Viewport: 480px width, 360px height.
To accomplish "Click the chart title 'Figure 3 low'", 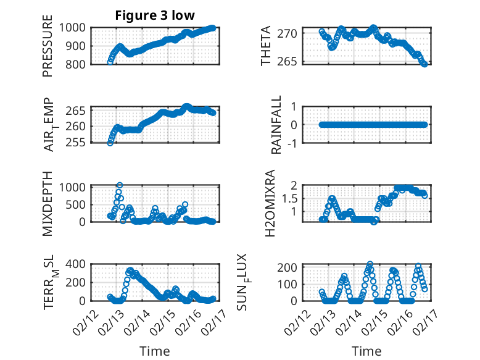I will point(155,15).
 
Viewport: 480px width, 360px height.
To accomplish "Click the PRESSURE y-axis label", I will point(48,46).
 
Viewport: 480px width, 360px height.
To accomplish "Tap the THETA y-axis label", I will point(266,46).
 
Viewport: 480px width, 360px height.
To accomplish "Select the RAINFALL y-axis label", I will point(277,125).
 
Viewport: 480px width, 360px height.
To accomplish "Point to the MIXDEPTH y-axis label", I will point(48,203).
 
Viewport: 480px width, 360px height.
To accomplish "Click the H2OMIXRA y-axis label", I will point(270,203).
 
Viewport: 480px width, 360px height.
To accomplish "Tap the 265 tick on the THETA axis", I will point(292,61).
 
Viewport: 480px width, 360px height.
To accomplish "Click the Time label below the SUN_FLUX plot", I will point(366,351).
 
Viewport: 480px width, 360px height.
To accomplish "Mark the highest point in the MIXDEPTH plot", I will point(119,185).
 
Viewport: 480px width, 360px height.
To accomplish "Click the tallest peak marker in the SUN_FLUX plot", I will point(370,264).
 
